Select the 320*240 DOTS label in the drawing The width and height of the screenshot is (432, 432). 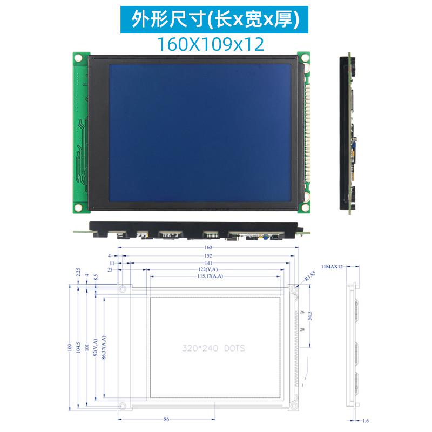[x=213, y=348]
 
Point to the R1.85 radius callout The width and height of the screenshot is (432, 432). [x=309, y=276]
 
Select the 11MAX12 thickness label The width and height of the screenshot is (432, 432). [x=332, y=267]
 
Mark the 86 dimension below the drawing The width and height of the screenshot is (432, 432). [x=166, y=419]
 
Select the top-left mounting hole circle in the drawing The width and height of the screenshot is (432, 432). [x=123, y=289]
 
